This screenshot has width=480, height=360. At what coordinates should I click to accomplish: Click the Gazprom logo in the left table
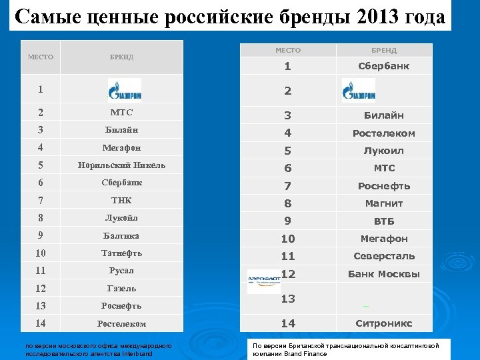pyautogui.click(x=124, y=89)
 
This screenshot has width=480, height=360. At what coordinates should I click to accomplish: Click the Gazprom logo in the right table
pyautogui.click(x=359, y=89)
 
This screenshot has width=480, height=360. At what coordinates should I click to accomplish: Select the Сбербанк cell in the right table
pyautogui.click(x=384, y=66)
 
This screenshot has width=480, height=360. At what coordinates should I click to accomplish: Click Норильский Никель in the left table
pyautogui.click(x=121, y=165)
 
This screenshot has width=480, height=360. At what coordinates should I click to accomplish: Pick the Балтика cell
pyautogui.click(x=121, y=235)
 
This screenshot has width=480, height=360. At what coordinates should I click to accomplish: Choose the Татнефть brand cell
pyautogui.click(x=121, y=253)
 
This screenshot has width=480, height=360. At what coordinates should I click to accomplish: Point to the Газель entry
pyautogui.click(x=121, y=288)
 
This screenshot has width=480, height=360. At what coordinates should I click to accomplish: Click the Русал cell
pyautogui.click(x=121, y=271)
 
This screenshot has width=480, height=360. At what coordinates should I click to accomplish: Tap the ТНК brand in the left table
pyautogui.click(x=121, y=201)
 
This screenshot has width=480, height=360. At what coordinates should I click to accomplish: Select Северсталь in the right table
pyautogui.click(x=384, y=256)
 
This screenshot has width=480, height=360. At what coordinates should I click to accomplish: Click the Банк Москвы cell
pyautogui.click(x=384, y=274)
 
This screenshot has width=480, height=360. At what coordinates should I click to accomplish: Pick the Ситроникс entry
pyautogui.click(x=384, y=323)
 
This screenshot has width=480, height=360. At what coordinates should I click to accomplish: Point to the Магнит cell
pyautogui.click(x=384, y=203)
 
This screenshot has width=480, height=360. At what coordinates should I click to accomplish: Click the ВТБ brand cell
pyautogui.click(x=384, y=221)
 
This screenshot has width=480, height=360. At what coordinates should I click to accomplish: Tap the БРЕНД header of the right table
pyautogui.click(x=384, y=50)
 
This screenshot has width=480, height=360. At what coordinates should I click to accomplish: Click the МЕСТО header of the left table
pyautogui.click(x=40, y=57)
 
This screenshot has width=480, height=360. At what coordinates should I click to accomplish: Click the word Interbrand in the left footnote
pyautogui.click(x=137, y=353)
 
